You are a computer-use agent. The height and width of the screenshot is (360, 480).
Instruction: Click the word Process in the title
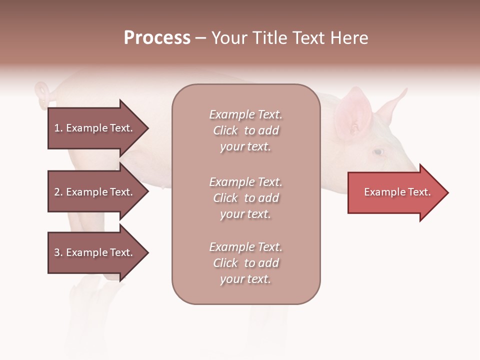coord(157,38)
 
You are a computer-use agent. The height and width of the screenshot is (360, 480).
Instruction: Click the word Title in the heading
coord(270,38)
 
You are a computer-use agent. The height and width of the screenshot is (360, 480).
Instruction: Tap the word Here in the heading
coord(348,38)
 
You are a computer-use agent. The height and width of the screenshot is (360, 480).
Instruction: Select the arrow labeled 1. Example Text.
coord(95,128)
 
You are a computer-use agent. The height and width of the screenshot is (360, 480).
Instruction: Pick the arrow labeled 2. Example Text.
coord(95,192)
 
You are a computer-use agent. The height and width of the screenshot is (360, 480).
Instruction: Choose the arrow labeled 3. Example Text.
coord(95,252)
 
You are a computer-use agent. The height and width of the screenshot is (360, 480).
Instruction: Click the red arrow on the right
coord(395,192)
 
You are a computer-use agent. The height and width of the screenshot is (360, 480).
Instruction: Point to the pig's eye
coord(378,151)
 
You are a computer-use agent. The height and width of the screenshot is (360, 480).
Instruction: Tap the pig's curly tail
coord(42,94)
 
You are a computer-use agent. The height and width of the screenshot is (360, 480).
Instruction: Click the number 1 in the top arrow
coord(57,128)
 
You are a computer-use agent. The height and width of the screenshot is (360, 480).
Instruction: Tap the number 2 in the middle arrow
coord(57,192)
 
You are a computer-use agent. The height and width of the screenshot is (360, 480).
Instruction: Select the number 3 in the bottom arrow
coord(57,252)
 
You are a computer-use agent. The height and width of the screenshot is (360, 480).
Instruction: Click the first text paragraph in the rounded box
coord(245,130)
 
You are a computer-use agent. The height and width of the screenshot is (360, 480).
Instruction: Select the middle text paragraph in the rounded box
coord(245,198)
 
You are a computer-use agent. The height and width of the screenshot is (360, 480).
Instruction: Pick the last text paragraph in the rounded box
coord(245,263)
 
